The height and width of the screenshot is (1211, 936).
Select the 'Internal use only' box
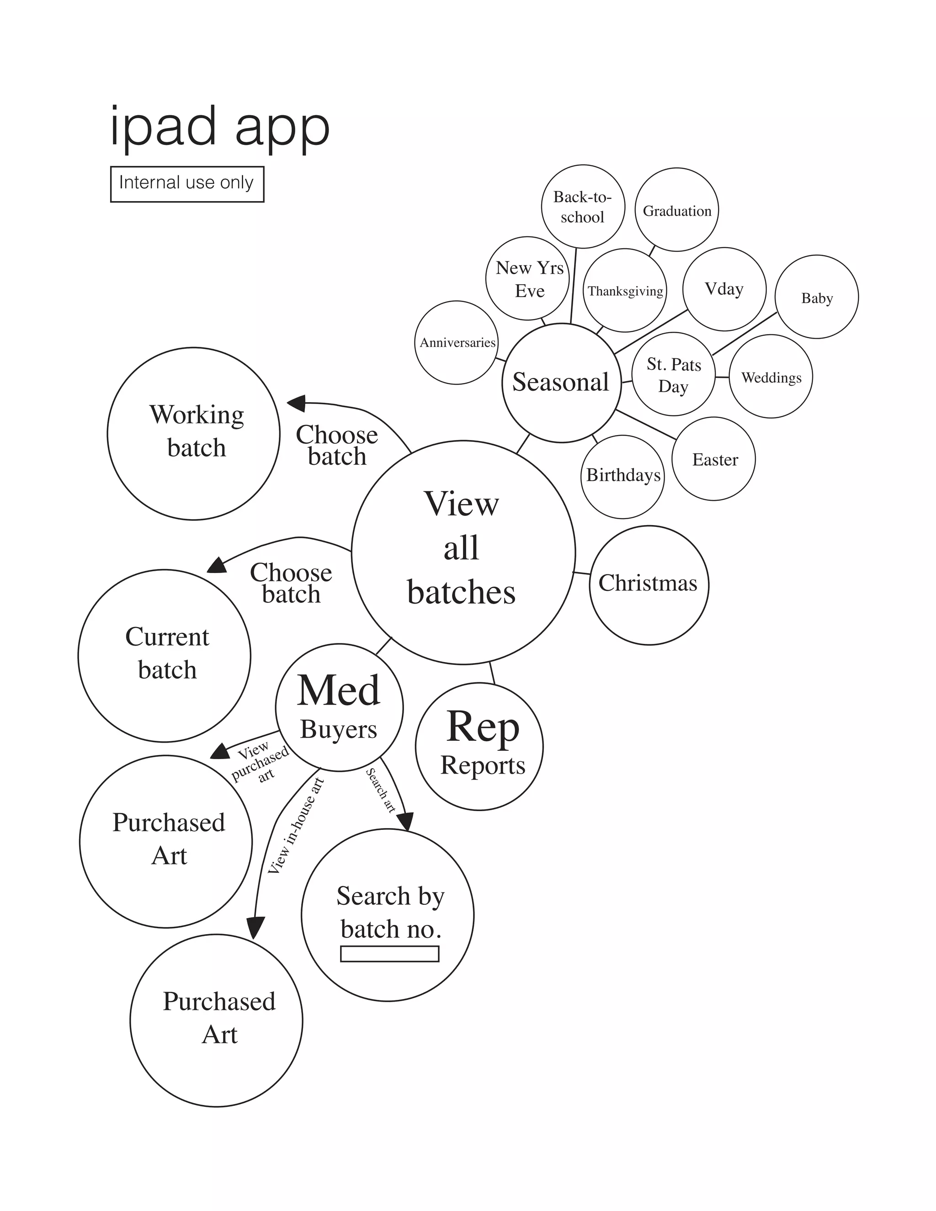187,184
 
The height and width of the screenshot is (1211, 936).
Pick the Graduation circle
676,210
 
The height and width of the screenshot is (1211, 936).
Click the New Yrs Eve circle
527,278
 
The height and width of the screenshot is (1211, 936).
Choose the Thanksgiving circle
625,290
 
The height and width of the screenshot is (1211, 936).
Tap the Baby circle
816,297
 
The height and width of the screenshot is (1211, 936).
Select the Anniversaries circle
457,342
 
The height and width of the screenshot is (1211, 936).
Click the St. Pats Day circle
673,374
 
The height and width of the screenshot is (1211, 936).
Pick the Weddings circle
771,377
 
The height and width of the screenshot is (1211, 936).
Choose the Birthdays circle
623,476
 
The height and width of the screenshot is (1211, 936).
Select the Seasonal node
561,382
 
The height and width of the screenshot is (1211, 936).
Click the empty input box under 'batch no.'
389,954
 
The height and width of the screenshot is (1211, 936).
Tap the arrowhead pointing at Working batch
296,403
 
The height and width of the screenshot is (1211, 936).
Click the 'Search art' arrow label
380,790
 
